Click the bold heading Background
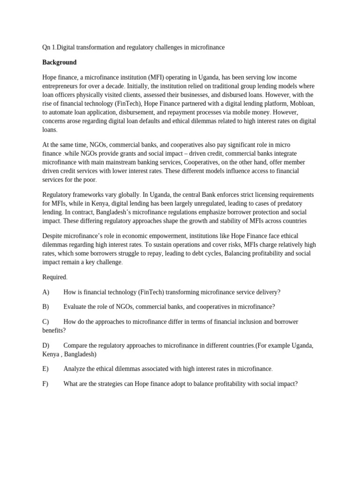59,62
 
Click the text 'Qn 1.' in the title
49,47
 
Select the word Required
54,277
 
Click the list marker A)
45,292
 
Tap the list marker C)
45,322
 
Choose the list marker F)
45,383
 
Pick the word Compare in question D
76,345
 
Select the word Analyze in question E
75,369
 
